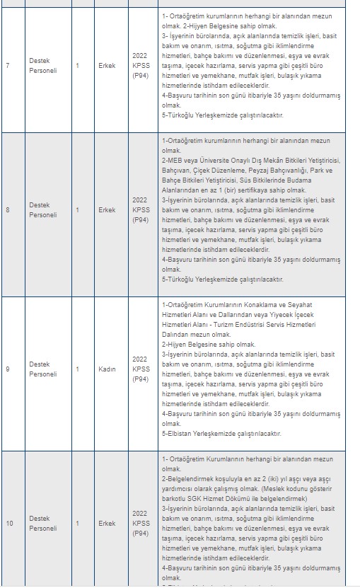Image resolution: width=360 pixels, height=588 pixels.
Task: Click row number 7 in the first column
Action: click(7, 66)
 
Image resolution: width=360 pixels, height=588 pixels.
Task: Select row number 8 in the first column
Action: click(7, 210)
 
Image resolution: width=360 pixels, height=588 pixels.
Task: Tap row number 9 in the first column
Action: click(7, 369)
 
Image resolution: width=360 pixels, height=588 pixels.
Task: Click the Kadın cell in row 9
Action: click(107, 369)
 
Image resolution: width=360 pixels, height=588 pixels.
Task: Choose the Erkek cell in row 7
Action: click(107, 66)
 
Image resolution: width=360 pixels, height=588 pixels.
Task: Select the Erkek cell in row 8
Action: click(107, 210)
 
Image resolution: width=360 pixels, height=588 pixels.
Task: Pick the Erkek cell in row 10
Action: click(107, 524)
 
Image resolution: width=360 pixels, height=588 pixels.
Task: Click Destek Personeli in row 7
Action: click(43, 66)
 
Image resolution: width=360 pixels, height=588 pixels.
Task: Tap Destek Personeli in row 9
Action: click(43, 369)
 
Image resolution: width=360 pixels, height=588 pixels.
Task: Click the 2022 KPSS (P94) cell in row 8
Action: click(140, 210)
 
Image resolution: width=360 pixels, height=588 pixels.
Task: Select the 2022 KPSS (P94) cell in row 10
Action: click(140, 524)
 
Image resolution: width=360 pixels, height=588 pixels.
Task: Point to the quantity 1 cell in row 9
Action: click(78, 369)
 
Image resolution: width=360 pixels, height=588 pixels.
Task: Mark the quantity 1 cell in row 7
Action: click(78, 66)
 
